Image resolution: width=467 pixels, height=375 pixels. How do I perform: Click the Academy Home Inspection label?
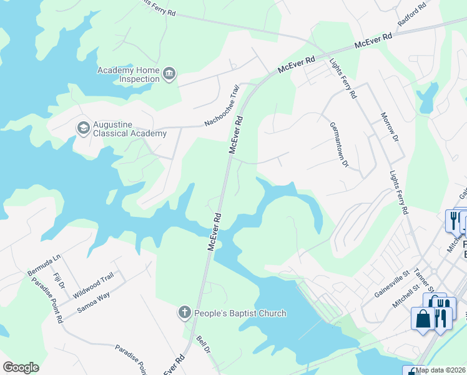(x=129, y=74)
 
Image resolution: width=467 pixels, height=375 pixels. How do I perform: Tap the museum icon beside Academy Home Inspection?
(x=169, y=75)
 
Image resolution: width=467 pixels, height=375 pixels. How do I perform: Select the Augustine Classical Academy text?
(x=130, y=128)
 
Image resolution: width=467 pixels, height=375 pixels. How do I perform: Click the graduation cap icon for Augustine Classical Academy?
(x=82, y=128)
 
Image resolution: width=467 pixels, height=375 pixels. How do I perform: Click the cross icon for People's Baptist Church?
(x=184, y=312)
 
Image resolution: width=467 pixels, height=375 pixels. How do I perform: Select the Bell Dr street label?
(x=202, y=344)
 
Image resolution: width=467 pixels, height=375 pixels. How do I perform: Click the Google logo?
(x=21, y=367)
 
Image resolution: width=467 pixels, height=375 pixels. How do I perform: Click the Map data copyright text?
(x=441, y=370)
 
